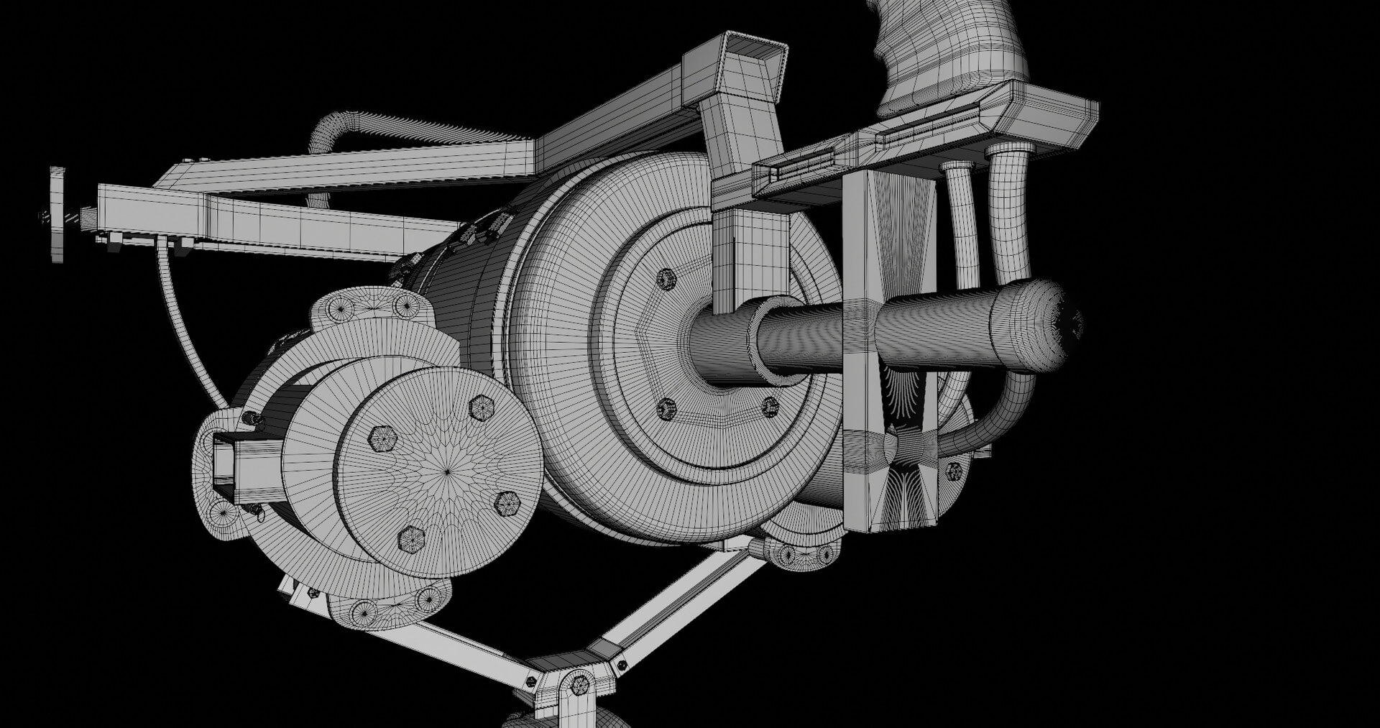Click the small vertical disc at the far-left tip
click(57, 215)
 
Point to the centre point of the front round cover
click(447, 471)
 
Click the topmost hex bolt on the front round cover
click(480, 408)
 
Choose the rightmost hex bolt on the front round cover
click(507, 504)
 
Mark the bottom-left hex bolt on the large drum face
click(666, 409)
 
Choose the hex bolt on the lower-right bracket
click(954, 471)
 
